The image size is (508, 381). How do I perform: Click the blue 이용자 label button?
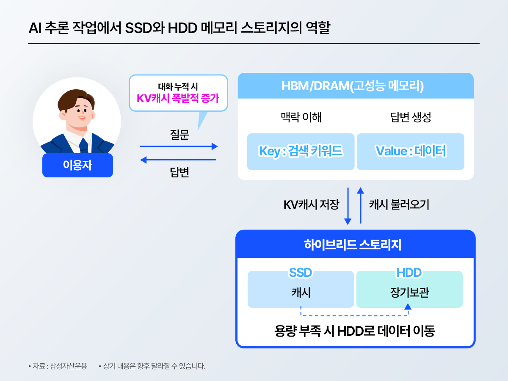pyautogui.click(x=77, y=165)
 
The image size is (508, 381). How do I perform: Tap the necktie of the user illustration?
pyautogui.click(x=83, y=146)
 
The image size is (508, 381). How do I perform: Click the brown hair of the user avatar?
pyautogui.click(x=76, y=99)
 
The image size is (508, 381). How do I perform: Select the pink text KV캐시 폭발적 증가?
pyautogui.click(x=178, y=98)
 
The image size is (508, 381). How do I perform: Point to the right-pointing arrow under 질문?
pyautogui.click(x=179, y=146)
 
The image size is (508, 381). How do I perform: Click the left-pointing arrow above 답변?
pyautogui.click(x=178, y=160)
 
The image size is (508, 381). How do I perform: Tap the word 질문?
pyautogui.click(x=179, y=134)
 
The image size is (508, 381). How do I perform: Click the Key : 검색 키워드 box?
pyautogui.click(x=301, y=152)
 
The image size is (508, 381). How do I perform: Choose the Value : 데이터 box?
pyautogui.click(x=410, y=152)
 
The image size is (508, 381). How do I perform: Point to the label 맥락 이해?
pyautogui.click(x=301, y=117)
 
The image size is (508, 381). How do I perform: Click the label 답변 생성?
pyautogui.click(x=410, y=117)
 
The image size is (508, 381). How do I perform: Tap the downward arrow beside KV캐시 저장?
pyautogui.click(x=348, y=206)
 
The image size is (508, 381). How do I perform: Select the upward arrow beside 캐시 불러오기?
pyautogui.click(x=361, y=205)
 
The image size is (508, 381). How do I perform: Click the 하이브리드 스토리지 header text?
pyautogui.click(x=353, y=245)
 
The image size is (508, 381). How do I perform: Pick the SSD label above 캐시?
pyautogui.click(x=301, y=273)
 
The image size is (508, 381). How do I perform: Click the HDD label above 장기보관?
pyautogui.click(x=409, y=273)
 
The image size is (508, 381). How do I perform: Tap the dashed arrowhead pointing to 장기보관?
pyautogui.click(x=408, y=307)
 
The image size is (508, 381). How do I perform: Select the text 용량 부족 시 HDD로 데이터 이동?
pyautogui.click(x=355, y=331)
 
